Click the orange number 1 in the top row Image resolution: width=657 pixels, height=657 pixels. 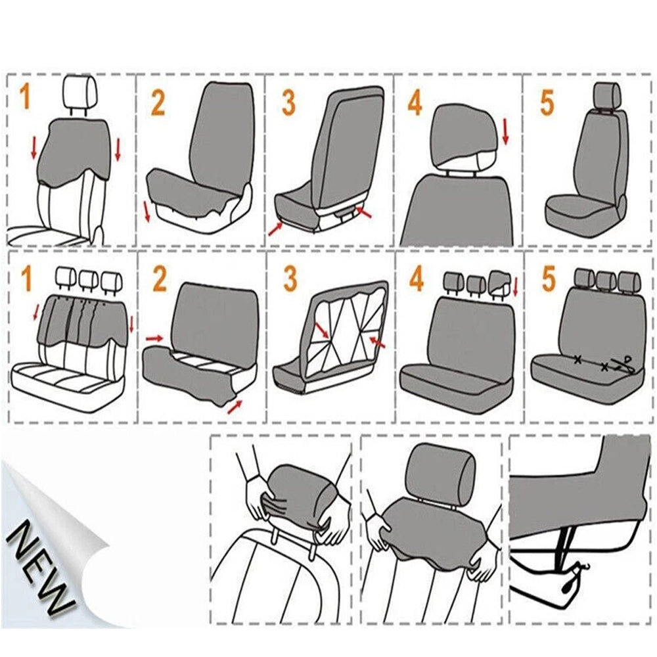click(25, 97)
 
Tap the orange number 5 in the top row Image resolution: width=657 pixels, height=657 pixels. click(547, 102)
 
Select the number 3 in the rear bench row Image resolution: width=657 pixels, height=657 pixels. click(290, 279)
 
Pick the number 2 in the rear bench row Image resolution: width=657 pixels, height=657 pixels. click(160, 279)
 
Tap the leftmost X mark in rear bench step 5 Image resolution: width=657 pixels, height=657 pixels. click(578, 359)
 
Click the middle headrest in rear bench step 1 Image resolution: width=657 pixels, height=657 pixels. click(89, 279)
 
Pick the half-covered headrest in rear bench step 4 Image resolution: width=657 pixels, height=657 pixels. click(498, 283)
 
